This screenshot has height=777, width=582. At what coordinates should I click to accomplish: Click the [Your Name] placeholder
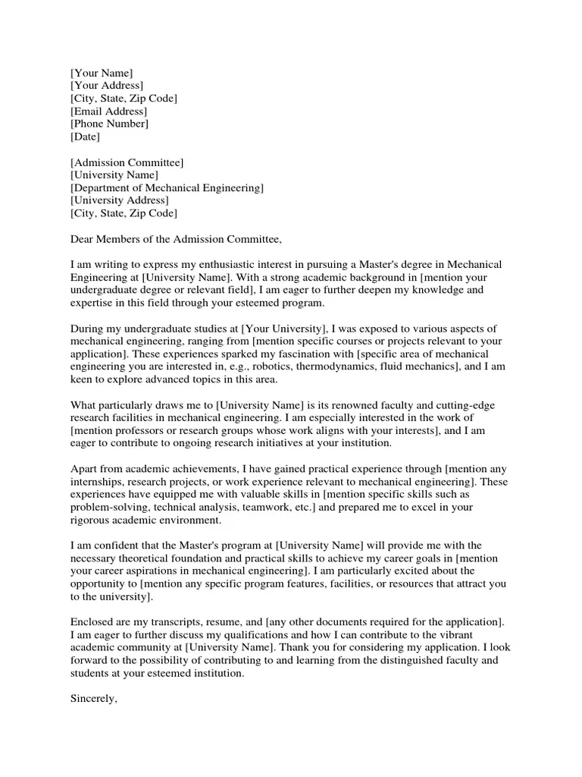point(102,73)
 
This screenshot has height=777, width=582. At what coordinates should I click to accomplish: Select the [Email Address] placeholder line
point(108,112)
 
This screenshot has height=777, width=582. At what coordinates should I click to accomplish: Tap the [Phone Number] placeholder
point(109,124)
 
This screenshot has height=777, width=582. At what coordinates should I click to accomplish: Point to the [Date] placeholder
point(85,137)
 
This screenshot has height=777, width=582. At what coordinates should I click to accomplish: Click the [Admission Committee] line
point(127,162)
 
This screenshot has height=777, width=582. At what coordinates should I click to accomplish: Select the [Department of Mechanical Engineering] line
point(167,188)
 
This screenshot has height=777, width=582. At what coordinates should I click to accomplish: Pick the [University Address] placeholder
point(120,201)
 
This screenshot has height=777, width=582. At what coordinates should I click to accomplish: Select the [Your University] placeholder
point(283,329)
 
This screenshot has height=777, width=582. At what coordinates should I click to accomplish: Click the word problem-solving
point(106,508)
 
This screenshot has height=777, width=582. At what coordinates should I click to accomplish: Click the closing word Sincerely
point(93,699)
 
